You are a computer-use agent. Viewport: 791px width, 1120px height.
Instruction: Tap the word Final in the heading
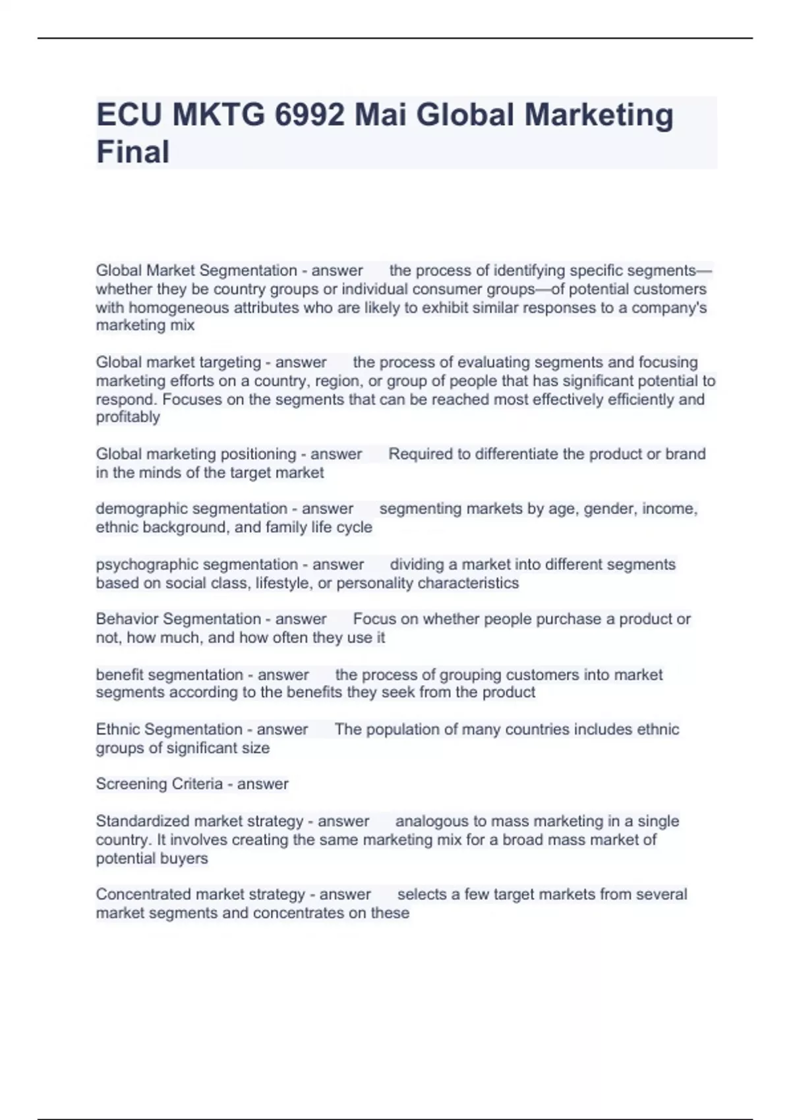pyautogui.click(x=133, y=152)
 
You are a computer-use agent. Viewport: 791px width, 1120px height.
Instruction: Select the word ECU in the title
pyautogui.click(x=129, y=115)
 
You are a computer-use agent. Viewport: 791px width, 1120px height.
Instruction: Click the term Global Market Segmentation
pyautogui.click(x=196, y=271)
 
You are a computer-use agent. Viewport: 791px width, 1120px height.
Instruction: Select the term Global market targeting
pyautogui.click(x=179, y=362)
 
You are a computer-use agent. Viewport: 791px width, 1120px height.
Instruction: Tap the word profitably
pyautogui.click(x=128, y=417)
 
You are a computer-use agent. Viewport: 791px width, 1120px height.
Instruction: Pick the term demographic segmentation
pyautogui.click(x=191, y=509)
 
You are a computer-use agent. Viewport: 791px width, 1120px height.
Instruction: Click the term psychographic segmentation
pyautogui.click(x=196, y=565)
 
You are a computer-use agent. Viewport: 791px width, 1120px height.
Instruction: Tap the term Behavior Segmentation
pyautogui.click(x=178, y=619)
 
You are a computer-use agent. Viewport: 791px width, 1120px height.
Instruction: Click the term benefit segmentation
pyautogui.click(x=169, y=675)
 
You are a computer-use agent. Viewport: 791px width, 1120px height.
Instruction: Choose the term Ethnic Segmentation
pyautogui.click(x=169, y=729)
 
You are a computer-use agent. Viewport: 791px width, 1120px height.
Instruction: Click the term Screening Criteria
pyautogui.click(x=159, y=784)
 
